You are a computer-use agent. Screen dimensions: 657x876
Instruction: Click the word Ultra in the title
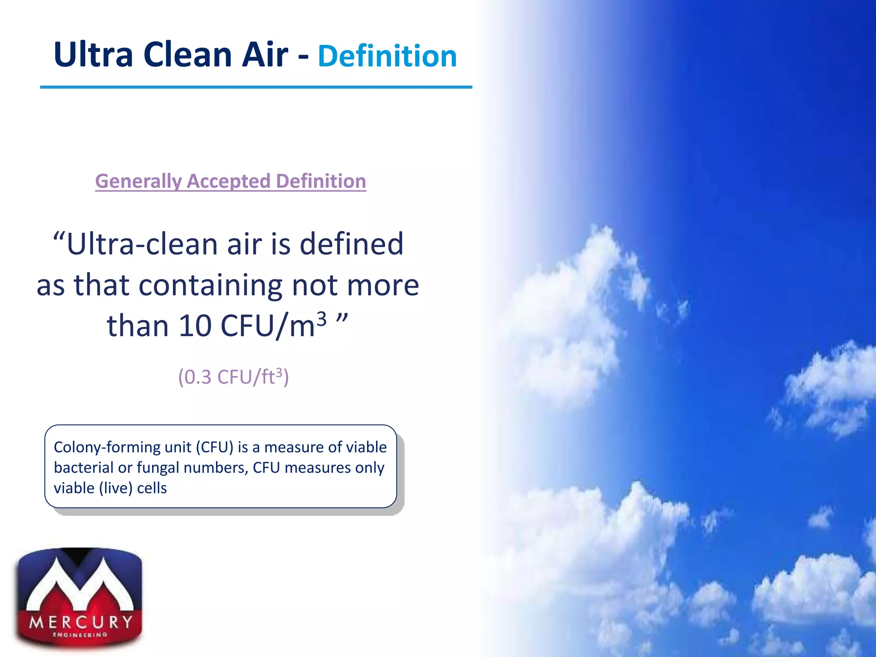click(x=93, y=55)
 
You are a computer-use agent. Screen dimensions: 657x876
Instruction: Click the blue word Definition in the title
click(x=387, y=56)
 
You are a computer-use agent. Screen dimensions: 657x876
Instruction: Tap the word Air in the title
click(x=265, y=55)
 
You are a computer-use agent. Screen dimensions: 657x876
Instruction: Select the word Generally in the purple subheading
click(x=138, y=181)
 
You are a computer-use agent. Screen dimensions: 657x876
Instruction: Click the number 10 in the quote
click(x=195, y=326)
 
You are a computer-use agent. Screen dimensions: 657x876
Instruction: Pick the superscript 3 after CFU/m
click(x=321, y=318)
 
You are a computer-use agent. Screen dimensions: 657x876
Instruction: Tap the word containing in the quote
click(x=210, y=285)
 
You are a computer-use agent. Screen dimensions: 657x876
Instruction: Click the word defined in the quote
click(x=351, y=244)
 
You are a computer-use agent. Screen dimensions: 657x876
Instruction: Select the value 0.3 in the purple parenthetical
click(x=198, y=377)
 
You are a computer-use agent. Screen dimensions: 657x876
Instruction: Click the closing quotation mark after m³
click(x=342, y=318)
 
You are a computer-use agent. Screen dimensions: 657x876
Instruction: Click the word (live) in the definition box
click(x=115, y=488)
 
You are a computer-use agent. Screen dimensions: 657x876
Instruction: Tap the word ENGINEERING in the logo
click(x=80, y=635)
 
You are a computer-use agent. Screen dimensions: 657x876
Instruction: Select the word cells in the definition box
click(x=152, y=488)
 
